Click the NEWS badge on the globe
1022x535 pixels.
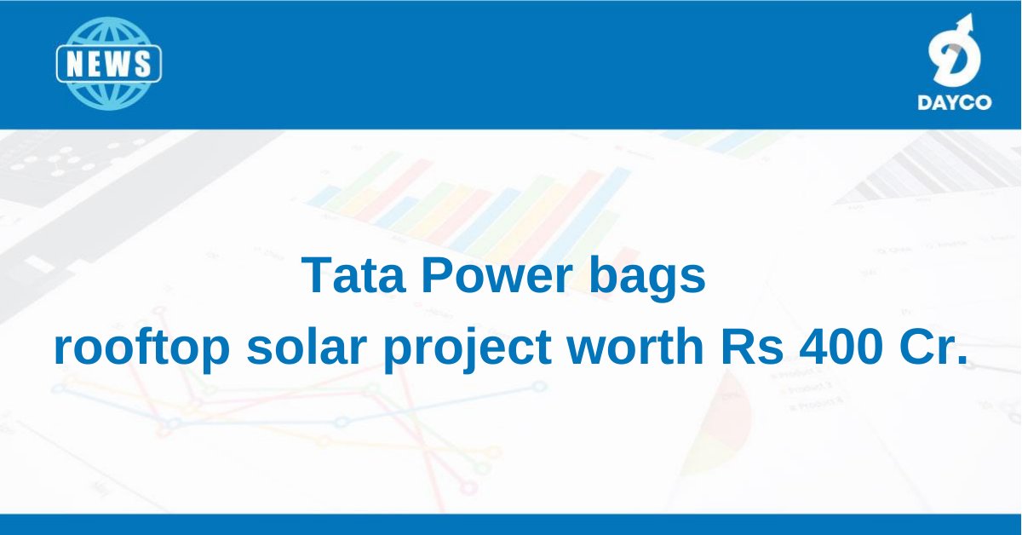coord(108,64)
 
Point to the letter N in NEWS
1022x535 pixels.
coord(75,64)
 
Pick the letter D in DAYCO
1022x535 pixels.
coord(924,102)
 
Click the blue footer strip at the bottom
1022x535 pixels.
coord(511,524)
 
